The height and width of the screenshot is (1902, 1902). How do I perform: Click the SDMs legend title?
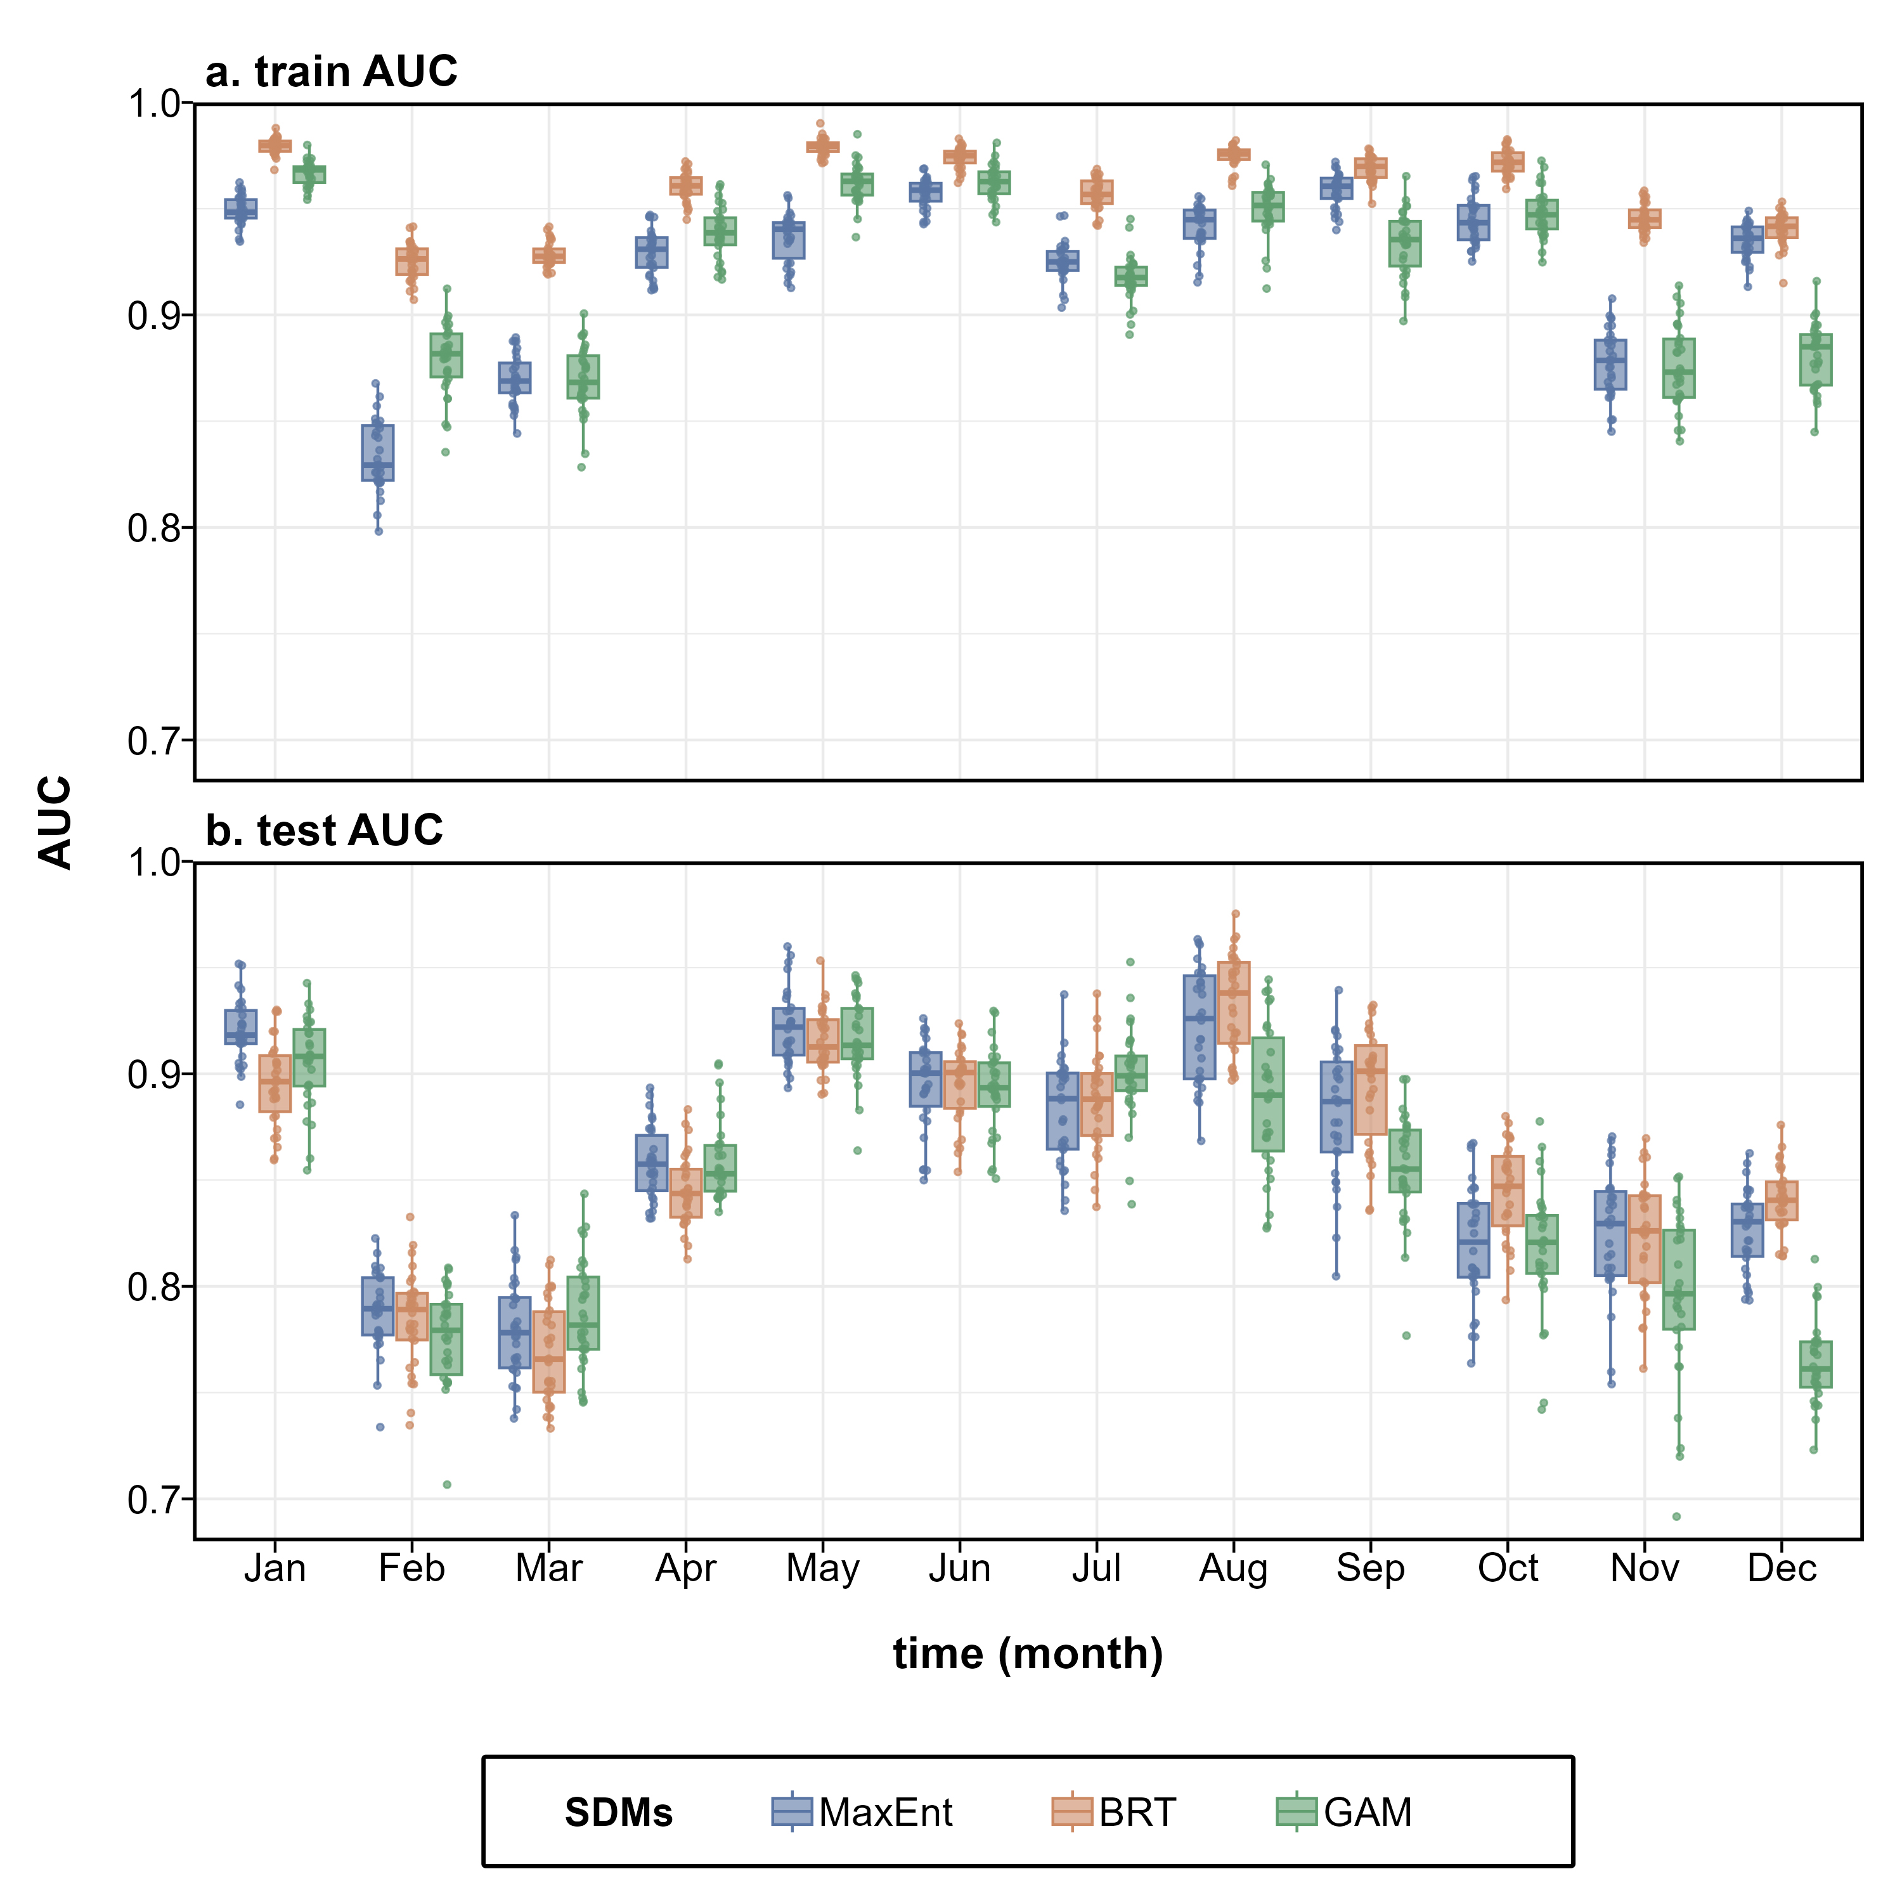click(x=618, y=1813)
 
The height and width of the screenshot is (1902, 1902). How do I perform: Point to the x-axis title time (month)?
click(x=1028, y=1655)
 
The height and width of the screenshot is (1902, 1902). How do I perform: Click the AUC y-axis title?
click(x=56, y=822)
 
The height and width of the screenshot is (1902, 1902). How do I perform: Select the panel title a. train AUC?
click(x=331, y=72)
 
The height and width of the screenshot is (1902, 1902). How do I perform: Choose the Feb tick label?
click(x=411, y=1569)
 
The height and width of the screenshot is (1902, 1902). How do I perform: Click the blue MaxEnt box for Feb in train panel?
click(x=378, y=453)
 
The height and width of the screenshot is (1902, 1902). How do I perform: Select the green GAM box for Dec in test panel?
click(x=1815, y=1364)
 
